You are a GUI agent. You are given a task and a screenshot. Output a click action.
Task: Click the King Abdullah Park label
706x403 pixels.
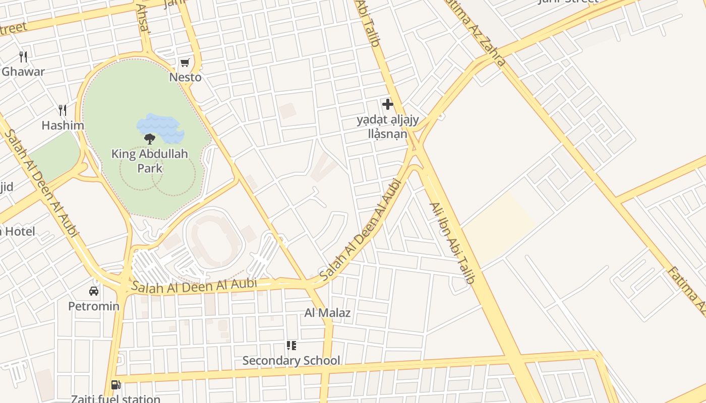pos(150,161)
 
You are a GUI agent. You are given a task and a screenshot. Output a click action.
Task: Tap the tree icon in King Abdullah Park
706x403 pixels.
pos(149,139)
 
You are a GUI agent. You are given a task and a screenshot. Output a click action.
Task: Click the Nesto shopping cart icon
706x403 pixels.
pos(185,63)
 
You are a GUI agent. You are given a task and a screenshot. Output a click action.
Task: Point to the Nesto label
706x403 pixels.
pos(185,77)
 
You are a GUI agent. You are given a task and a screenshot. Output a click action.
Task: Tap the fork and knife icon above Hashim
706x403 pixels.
pos(63,110)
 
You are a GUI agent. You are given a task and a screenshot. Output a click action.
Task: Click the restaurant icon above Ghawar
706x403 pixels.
pos(23,56)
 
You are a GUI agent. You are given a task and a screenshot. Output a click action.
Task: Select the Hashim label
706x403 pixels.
pos(63,125)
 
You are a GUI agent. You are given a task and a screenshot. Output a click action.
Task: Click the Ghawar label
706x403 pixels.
pos(23,72)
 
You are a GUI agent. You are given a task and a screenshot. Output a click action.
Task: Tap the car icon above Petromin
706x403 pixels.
pos(94,291)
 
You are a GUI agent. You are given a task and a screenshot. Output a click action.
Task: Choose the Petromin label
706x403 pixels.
pos(94,306)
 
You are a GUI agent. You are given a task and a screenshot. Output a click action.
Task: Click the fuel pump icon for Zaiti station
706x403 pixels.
pos(115,385)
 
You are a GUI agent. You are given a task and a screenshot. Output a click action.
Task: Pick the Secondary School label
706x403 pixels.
pos(291,361)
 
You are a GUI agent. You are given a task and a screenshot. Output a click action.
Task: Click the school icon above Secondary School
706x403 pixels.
pos(291,346)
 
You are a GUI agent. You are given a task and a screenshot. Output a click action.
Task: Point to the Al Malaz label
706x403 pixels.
pos(327,313)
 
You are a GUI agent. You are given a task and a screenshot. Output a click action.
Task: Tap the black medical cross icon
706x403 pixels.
pos(387,104)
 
